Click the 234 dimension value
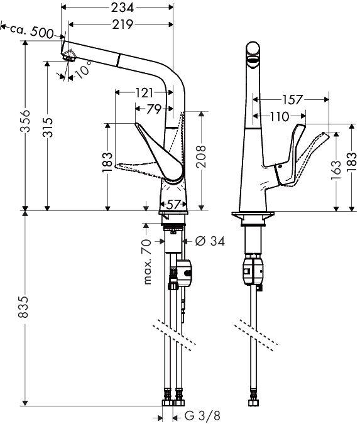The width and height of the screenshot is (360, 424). coord(123,8)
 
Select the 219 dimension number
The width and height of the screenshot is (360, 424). coord(123,24)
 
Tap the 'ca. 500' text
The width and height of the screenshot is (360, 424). coord(32,31)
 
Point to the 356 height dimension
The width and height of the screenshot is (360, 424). coord(26,121)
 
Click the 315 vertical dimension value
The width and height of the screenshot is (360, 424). coord(48,127)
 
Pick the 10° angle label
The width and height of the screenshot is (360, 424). coord(82,70)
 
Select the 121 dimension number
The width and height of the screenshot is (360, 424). coord(144,94)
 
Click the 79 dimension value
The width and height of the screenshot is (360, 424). coord(154,109)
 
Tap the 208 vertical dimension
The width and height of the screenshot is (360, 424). coord(201,156)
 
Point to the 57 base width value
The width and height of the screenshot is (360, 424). coord(173,205)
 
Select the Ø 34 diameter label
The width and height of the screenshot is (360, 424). coord(210,241)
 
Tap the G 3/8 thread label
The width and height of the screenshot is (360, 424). coord(202,415)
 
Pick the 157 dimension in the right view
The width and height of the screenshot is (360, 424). coord(292,100)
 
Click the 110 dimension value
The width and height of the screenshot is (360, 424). coord(280,117)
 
